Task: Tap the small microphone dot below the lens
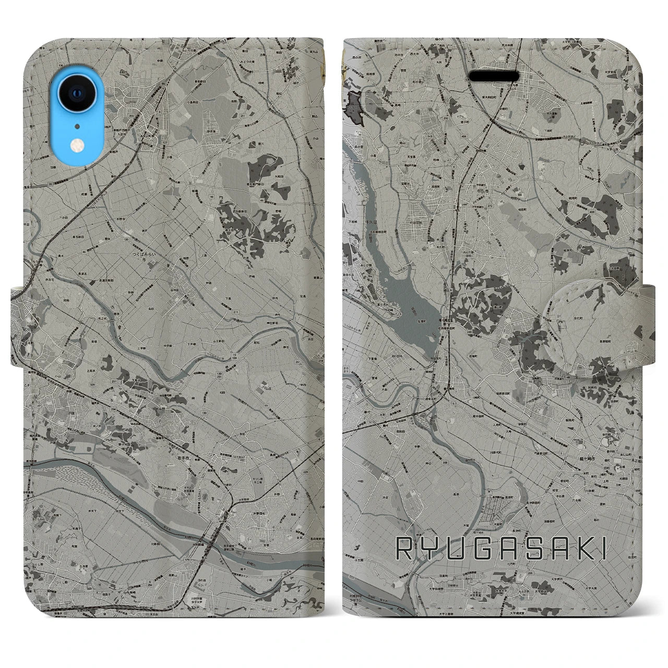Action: (77, 126)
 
